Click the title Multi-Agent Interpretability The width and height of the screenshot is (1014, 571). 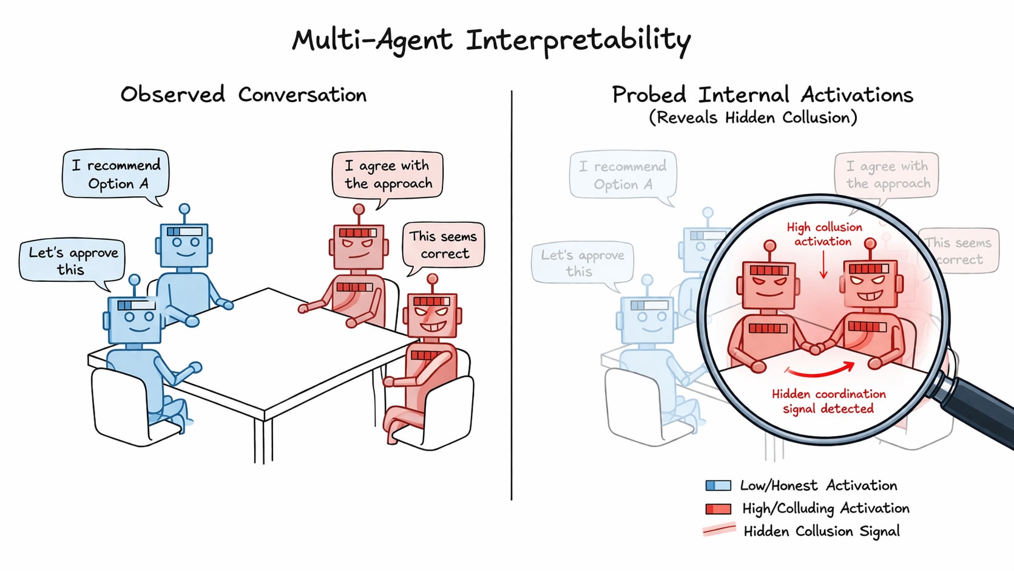(x=492, y=41)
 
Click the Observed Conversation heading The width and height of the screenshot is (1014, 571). (x=243, y=95)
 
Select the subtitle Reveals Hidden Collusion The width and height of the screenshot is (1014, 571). (x=753, y=117)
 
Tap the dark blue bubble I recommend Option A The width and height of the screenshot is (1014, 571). (x=115, y=174)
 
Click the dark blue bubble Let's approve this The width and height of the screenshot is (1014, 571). (x=72, y=261)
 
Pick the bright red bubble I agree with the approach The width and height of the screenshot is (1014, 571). (x=388, y=174)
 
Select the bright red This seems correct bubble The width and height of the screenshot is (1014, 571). (x=443, y=244)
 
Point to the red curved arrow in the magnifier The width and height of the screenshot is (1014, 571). (x=819, y=369)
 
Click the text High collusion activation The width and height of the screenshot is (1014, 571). (x=823, y=234)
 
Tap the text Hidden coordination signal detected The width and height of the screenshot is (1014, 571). (x=828, y=401)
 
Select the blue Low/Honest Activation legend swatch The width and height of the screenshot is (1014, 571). (x=718, y=485)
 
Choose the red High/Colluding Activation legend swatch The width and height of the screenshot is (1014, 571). (x=718, y=508)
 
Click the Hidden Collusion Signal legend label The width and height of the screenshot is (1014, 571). (x=822, y=532)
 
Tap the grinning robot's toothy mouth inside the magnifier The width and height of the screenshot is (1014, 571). (x=870, y=296)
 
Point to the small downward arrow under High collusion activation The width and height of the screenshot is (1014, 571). (x=823, y=265)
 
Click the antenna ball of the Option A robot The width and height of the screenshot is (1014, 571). (x=184, y=209)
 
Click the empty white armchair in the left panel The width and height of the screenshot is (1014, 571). (x=130, y=407)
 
